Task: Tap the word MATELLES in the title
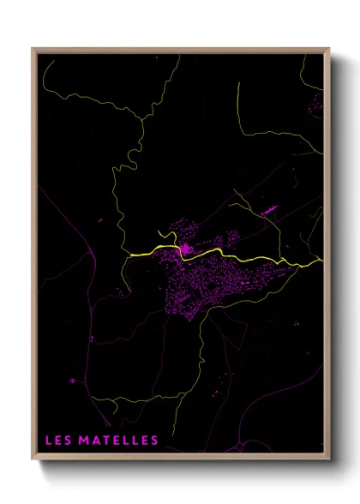[x=118, y=441]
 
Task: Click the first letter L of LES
[x=48, y=441]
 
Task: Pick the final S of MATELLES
[x=154, y=441]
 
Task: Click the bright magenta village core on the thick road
[x=185, y=250]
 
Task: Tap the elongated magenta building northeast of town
[x=268, y=209]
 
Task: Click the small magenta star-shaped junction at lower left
[x=73, y=380]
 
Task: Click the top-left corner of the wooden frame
[x=33, y=49]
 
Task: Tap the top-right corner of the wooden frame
[x=328, y=49]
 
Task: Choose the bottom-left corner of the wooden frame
[x=33, y=460]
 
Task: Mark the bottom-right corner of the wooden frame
[x=328, y=460]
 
